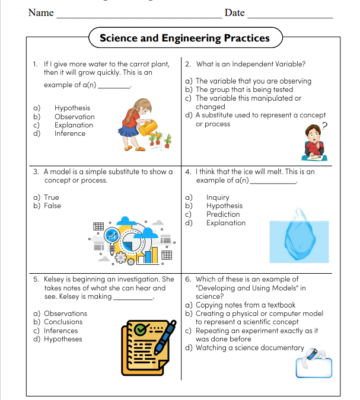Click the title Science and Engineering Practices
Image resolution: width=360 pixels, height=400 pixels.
point(184,39)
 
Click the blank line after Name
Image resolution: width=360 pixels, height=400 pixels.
point(139,16)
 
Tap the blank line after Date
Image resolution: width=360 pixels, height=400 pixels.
point(289,16)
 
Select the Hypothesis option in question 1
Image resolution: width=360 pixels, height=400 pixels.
point(72,108)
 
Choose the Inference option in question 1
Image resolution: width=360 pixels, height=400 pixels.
point(70,133)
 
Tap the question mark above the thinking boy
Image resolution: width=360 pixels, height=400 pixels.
point(324,125)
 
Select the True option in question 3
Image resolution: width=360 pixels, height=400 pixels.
point(51,197)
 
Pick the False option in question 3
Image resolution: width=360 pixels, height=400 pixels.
point(52,206)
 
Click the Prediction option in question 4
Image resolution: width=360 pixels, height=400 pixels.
point(223,215)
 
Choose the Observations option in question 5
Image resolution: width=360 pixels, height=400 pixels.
point(65,313)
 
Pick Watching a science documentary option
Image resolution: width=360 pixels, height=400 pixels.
point(249,348)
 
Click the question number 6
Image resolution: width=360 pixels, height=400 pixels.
point(188,279)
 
